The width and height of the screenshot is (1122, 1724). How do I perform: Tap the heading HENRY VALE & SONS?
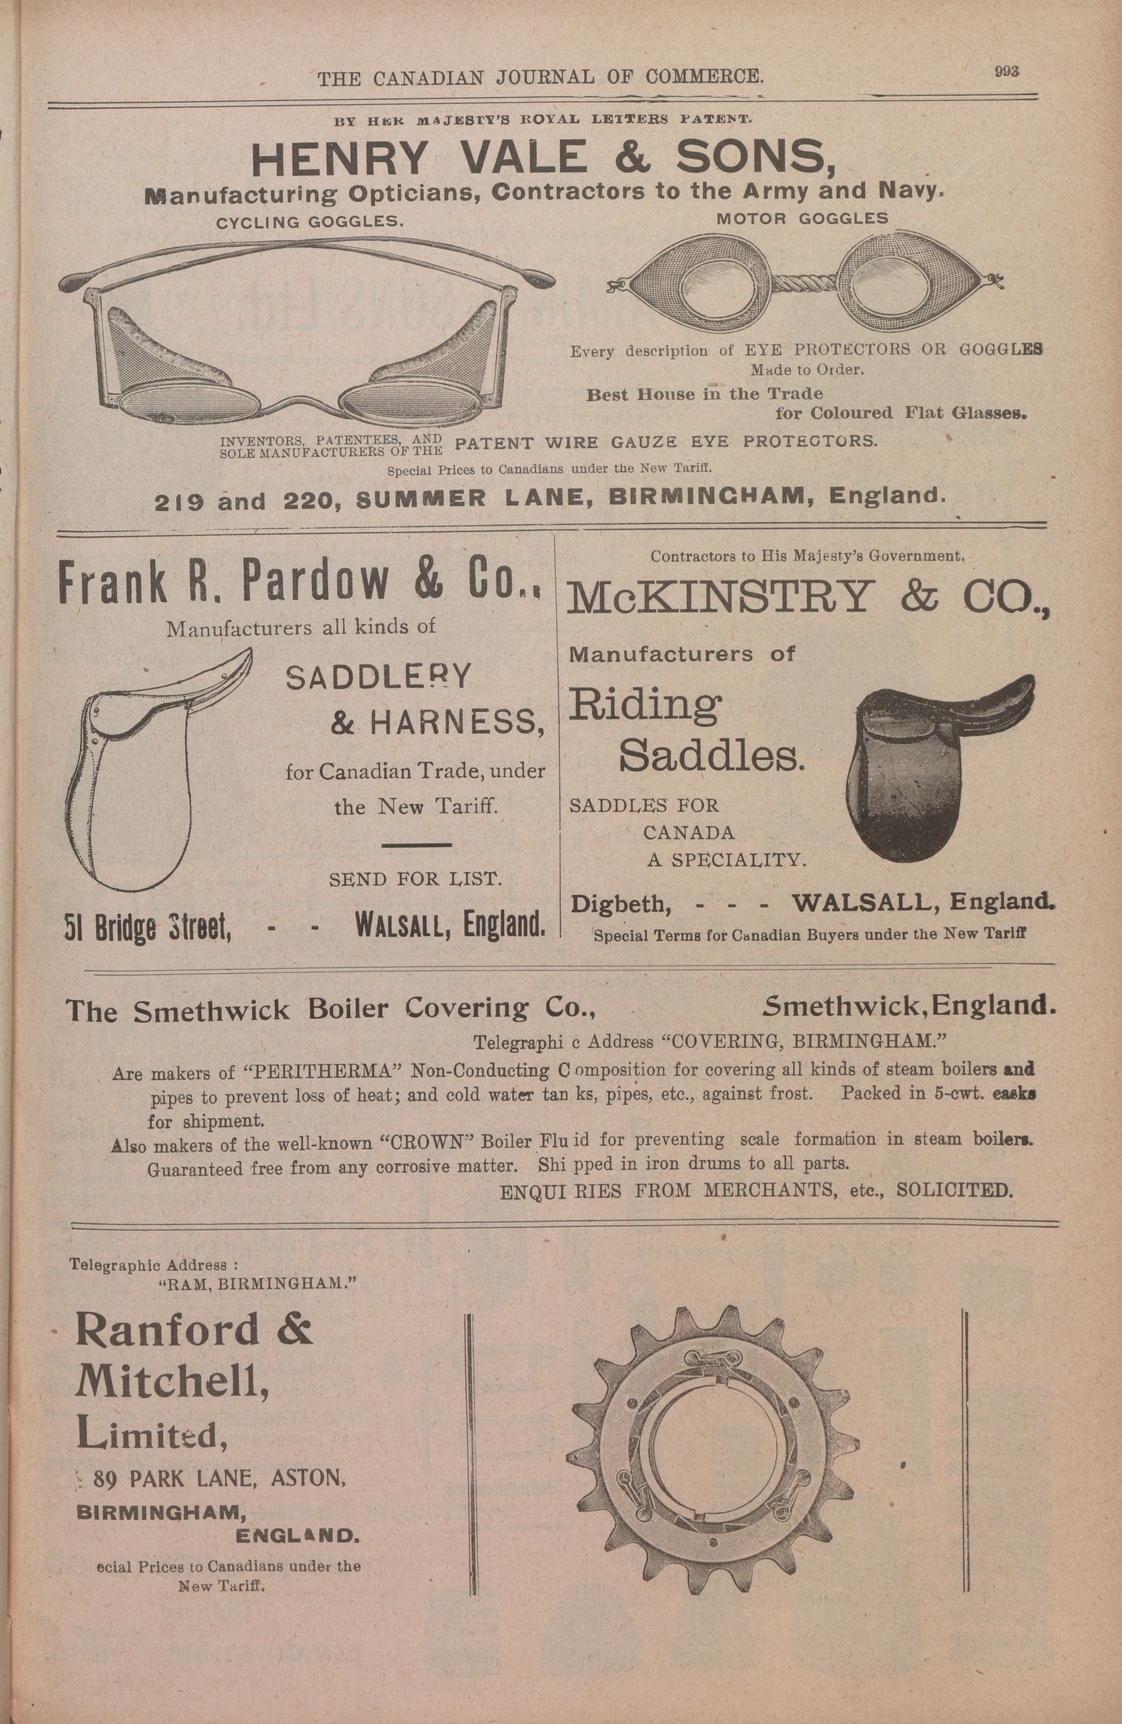[543, 159]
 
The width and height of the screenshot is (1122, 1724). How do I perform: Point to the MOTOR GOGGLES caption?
[802, 218]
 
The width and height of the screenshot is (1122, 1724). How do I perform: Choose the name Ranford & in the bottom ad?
[194, 1329]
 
